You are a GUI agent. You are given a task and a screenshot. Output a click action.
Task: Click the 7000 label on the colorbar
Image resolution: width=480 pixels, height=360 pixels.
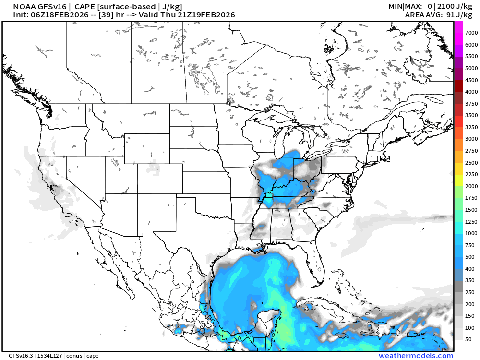pos(471,32)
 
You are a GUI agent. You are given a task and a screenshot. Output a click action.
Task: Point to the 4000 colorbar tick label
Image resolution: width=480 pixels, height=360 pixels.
pos(471,92)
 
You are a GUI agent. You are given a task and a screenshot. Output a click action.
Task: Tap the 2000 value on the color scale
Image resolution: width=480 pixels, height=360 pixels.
pos(471,186)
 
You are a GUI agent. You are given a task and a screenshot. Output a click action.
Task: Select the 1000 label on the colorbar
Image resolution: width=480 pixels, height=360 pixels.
pos(471,233)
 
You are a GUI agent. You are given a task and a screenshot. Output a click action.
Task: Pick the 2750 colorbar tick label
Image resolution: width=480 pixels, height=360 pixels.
pos(471,151)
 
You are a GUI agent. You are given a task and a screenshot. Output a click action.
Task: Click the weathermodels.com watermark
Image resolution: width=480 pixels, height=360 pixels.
pos(416,356)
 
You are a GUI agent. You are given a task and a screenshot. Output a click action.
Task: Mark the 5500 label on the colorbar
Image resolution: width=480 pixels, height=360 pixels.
pos(471,56)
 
